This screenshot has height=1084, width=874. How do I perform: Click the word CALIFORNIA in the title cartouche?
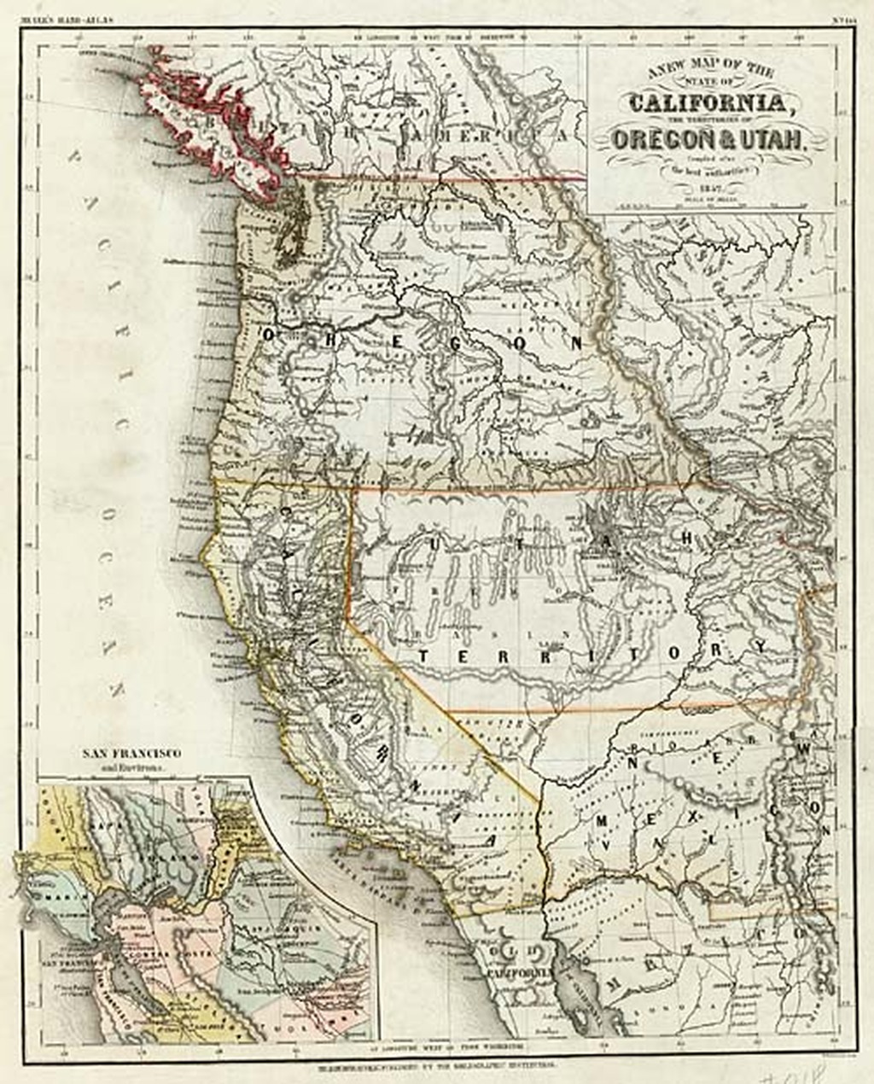tap(707, 104)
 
